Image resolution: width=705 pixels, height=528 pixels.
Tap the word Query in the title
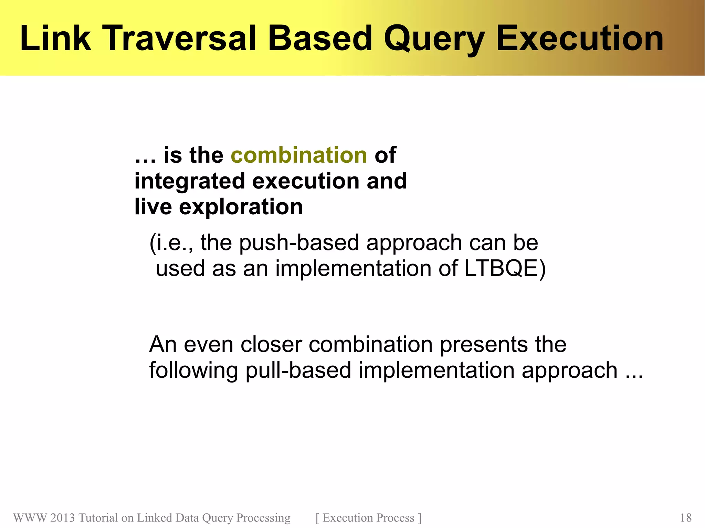pos(434,39)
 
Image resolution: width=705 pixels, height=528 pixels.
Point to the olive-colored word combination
pos(299,155)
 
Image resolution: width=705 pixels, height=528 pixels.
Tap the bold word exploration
pos(241,207)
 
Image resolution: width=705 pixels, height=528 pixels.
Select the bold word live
pos(153,207)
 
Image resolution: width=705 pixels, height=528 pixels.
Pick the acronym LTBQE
pos(501,268)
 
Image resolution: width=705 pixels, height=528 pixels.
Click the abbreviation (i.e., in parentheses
pos(171,243)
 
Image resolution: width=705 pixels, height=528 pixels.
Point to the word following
pos(193,370)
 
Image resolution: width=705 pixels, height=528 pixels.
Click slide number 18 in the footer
pos(685,518)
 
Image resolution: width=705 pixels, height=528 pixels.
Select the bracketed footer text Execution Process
pos(368,518)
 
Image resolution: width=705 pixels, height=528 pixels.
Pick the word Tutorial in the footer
pos(98,518)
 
